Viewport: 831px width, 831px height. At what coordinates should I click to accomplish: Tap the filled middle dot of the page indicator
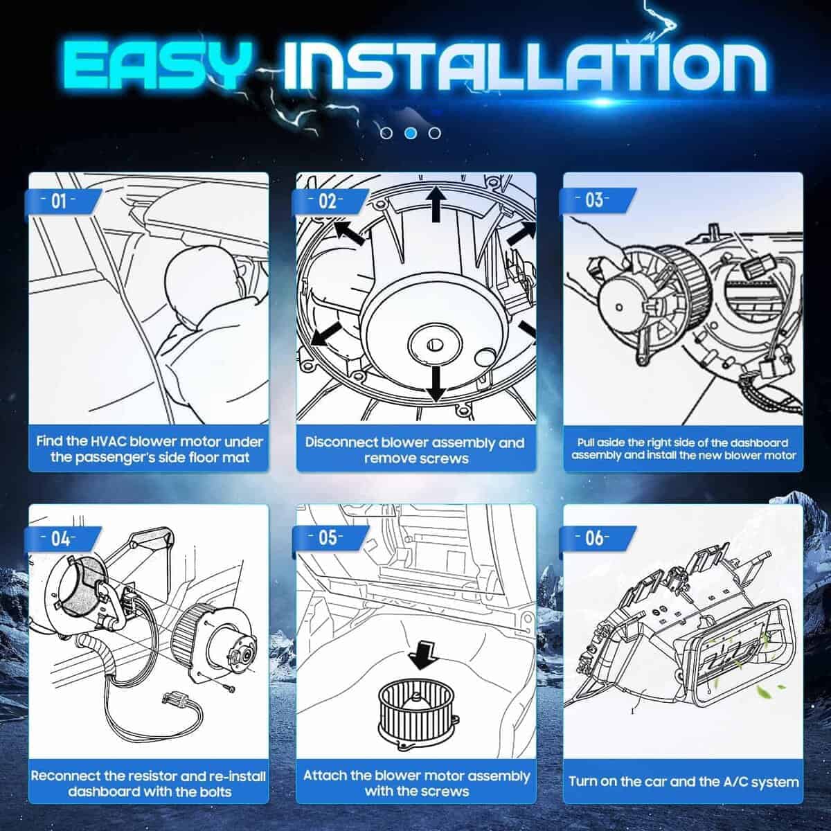[411, 133]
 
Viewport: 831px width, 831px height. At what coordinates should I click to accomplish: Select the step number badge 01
[60, 201]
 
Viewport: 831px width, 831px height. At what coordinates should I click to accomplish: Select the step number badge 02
[328, 201]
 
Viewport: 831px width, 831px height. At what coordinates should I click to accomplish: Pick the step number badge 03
[595, 200]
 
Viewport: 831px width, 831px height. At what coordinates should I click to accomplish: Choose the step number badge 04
[60, 538]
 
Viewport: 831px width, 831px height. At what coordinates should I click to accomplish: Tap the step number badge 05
[328, 537]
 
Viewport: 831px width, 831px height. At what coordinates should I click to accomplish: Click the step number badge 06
[595, 537]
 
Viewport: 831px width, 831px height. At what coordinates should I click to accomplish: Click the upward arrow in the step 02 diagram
[436, 204]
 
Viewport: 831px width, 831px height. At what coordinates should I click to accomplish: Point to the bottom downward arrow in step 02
[435, 384]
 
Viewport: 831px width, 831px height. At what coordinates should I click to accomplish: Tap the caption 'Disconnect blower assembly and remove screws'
[415, 450]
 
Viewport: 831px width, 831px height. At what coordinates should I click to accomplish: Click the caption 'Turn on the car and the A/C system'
[683, 781]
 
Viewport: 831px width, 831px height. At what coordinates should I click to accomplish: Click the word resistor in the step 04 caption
[138, 776]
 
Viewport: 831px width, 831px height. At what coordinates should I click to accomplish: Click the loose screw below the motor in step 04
[230, 688]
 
